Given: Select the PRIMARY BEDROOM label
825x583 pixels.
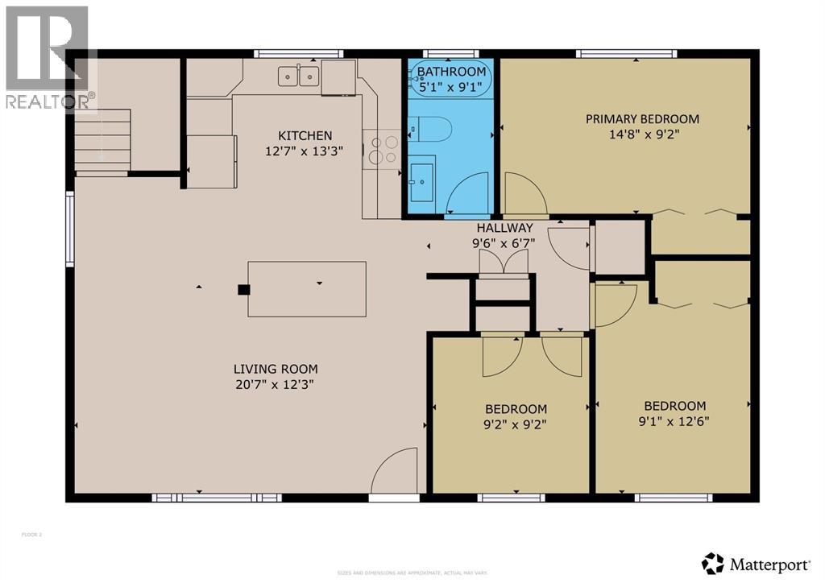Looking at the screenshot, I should (641, 119).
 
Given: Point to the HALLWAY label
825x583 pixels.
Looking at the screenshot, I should (504, 228).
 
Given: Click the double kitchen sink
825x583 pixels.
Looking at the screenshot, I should (298, 76).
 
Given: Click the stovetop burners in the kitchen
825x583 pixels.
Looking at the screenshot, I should (382, 149).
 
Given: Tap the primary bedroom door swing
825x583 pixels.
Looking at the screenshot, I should (524, 195).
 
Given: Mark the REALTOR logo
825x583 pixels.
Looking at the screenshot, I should (47, 56).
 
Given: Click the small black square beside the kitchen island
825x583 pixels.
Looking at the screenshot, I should (243, 290).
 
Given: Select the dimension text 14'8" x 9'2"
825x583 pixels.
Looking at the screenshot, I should (641, 134).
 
